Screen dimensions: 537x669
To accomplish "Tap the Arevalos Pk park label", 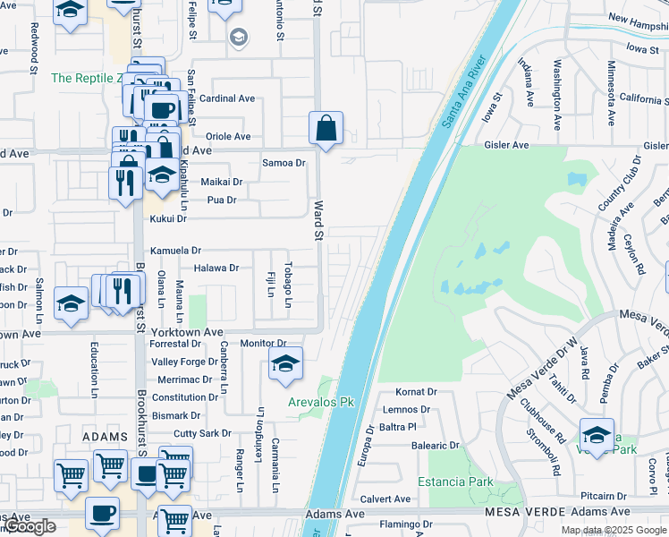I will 321,402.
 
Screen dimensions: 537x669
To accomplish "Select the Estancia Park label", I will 461,482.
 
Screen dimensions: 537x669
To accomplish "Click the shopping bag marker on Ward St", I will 326,129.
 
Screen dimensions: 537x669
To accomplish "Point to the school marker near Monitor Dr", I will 285,365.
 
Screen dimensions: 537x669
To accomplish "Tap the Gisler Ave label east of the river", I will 507,145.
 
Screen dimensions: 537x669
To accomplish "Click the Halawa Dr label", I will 216,268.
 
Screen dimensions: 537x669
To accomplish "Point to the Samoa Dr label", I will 284,163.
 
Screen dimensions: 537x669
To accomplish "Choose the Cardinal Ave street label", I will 227,98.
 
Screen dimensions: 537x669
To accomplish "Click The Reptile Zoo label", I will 85,78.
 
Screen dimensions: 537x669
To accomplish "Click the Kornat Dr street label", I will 416,392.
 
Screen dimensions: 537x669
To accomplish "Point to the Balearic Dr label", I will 435,445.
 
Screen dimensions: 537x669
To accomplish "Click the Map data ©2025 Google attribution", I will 613,530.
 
